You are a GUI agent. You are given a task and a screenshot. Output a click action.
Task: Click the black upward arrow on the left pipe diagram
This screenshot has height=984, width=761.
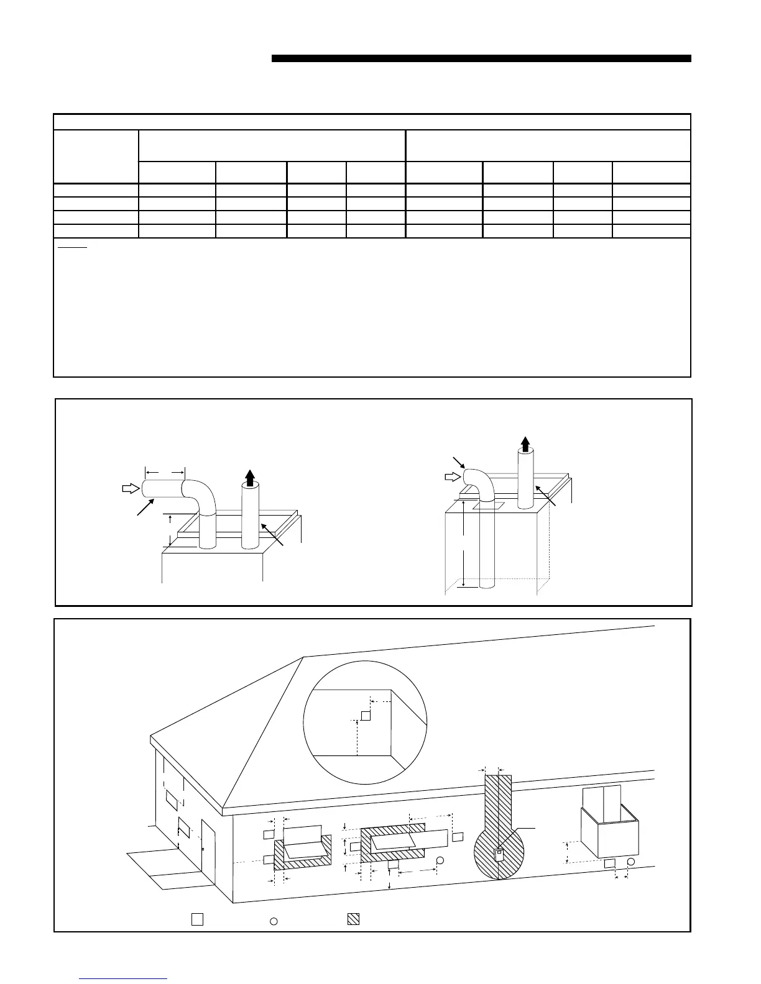[x=249, y=478]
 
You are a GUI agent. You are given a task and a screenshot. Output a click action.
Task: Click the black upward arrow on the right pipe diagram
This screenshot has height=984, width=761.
[x=525, y=443]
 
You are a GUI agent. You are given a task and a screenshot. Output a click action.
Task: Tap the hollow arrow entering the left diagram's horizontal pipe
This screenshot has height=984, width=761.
[x=130, y=488]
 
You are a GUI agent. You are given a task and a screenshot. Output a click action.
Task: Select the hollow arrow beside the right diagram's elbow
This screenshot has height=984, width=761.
[x=452, y=477]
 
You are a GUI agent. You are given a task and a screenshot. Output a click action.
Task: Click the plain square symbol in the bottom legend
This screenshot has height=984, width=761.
[x=197, y=919]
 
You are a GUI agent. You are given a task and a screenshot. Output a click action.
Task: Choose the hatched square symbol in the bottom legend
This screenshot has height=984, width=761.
[x=353, y=919]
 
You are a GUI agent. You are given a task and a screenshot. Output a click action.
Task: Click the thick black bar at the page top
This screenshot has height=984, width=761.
[x=481, y=59]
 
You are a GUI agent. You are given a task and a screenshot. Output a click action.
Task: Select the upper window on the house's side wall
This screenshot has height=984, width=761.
[x=172, y=799]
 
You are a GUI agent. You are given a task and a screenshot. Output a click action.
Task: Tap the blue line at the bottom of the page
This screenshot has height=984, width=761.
[x=124, y=978]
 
